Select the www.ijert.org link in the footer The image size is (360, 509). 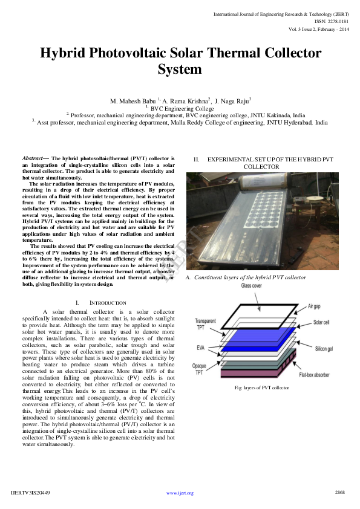pos(180,493)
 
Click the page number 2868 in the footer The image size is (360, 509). pos(339,493)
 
